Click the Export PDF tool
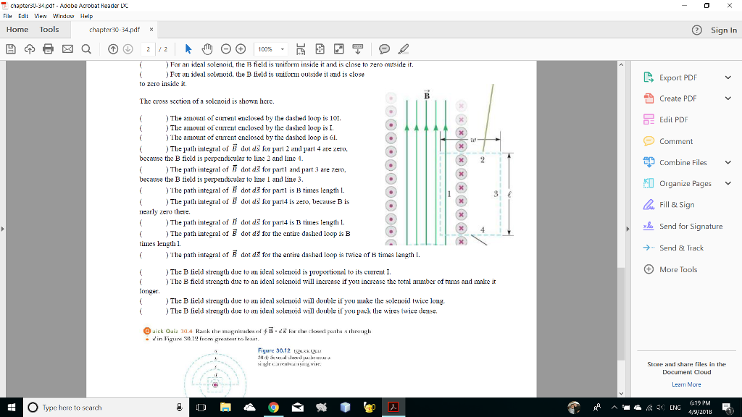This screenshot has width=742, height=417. click(x=678, y=77)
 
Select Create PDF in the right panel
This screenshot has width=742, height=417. click(x=678, y=98)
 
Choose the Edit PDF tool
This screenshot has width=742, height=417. click(x=673, y=119)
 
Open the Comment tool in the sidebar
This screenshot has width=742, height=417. click(x=675, y=141)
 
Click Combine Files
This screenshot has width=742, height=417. click(x=683, y=162)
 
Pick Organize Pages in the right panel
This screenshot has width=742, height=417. click(x=685, y=183)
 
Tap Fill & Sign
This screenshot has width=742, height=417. click(x=676, y=205)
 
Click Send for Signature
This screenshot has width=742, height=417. click(x=691, y=227)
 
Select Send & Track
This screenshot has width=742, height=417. click(x=680, y=248)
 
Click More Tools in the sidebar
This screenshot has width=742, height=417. click(x=678, y=269)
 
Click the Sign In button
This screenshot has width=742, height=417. click(x=723, y=30)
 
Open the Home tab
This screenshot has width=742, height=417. click(x=17, y=29)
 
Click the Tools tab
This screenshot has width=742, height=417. click(x=49, y=29)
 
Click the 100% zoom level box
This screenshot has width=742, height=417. click(x=270, y=49)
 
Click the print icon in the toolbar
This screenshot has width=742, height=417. click(x=48, y=49)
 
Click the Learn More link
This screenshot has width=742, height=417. click(x=686, y=384)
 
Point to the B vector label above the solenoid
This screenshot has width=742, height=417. click(x=427, y=96)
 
